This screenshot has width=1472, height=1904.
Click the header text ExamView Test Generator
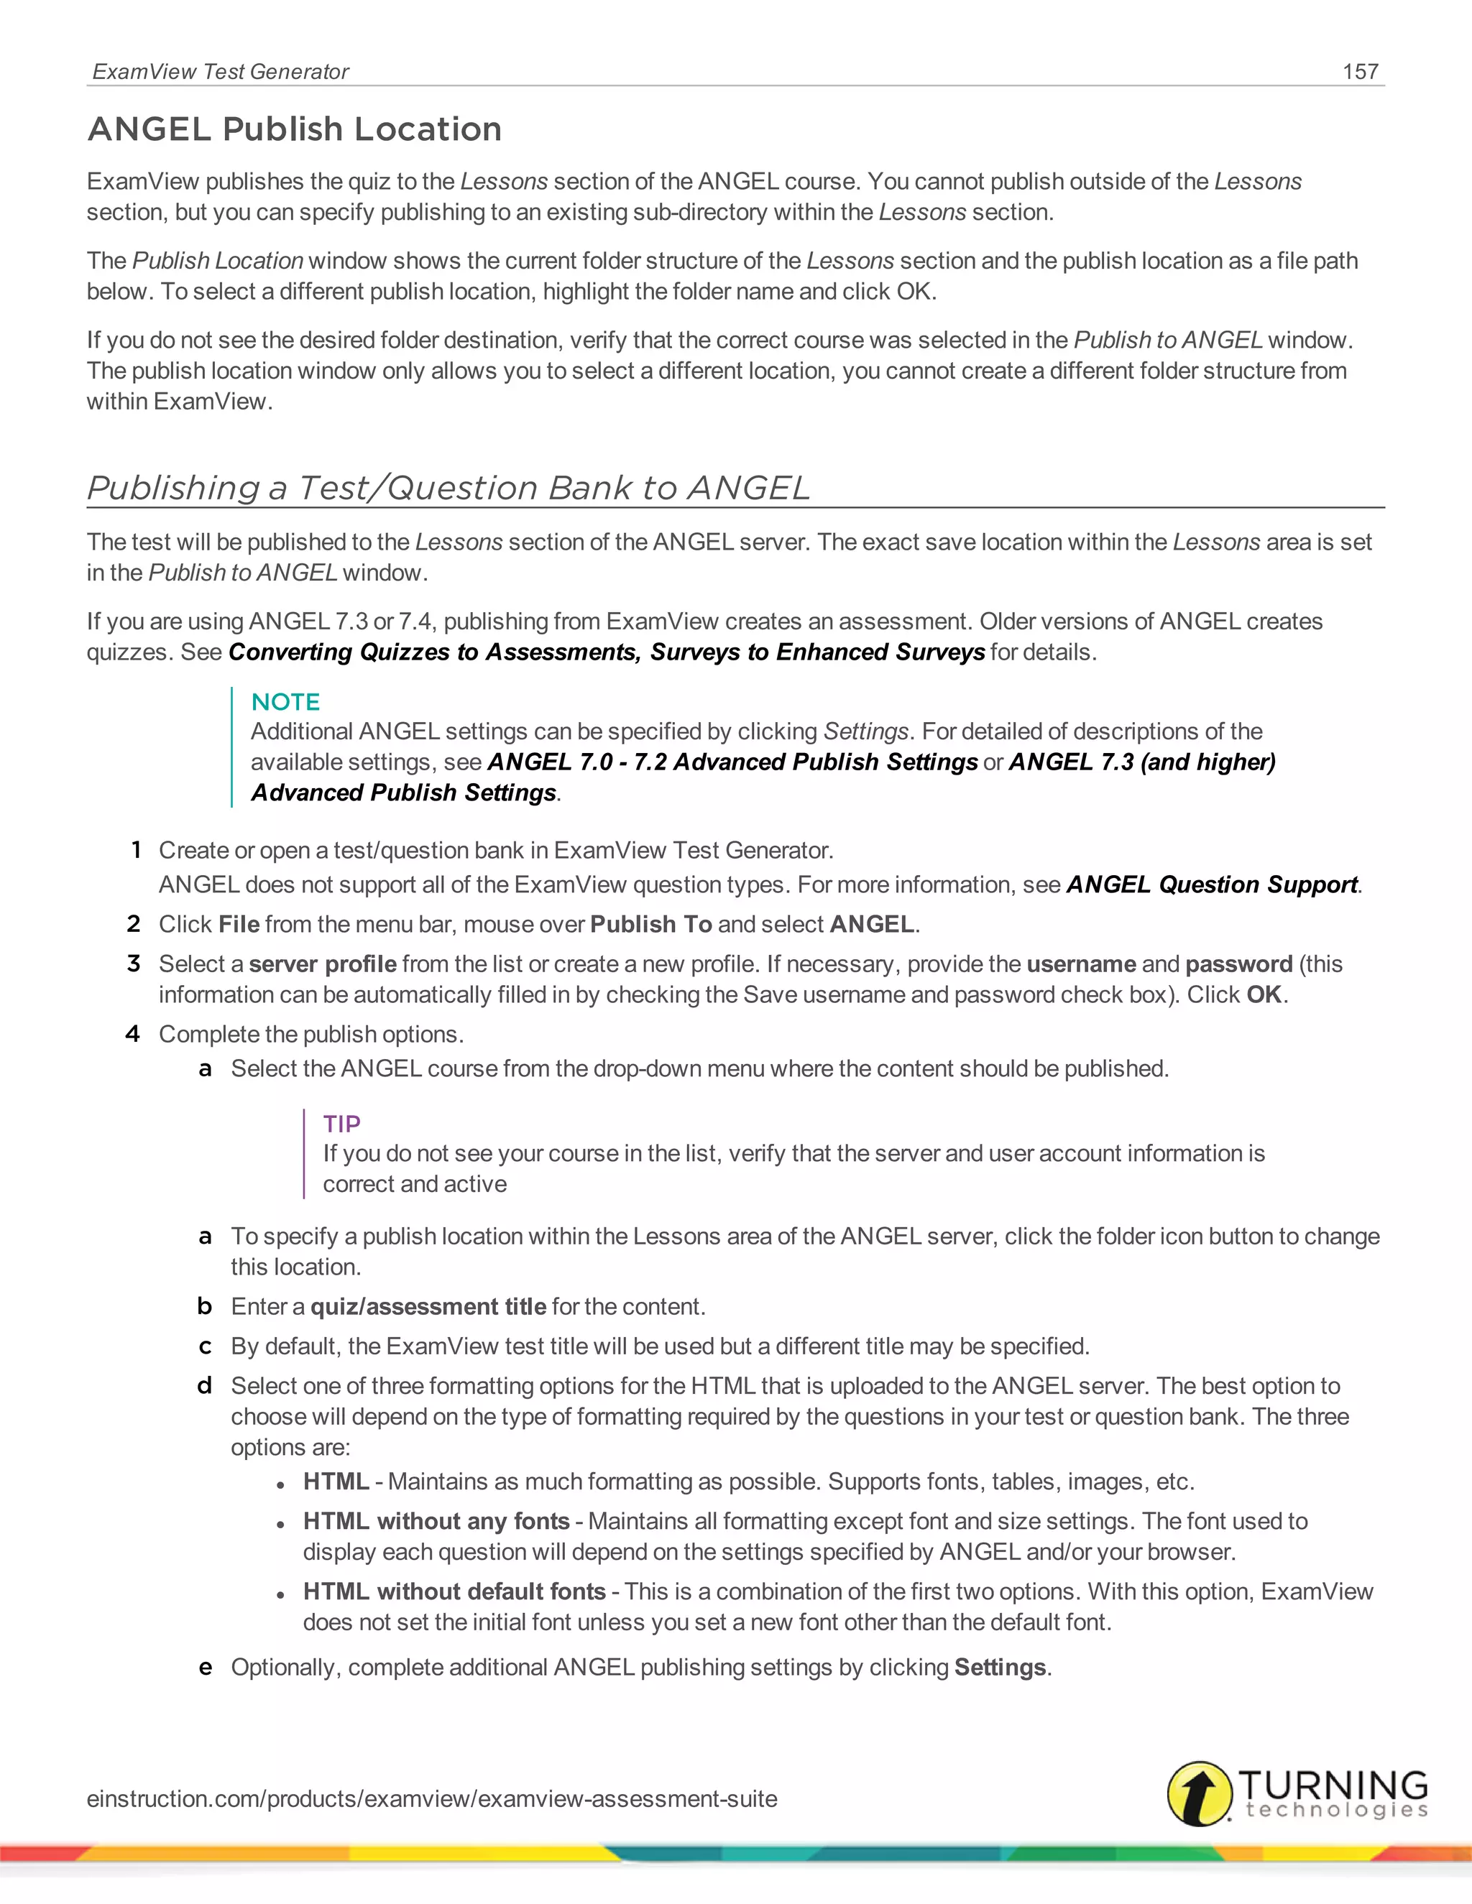pos(221,71)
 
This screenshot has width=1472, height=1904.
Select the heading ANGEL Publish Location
pos(295,129)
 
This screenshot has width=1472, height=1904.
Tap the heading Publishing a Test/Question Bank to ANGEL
pos(448,487)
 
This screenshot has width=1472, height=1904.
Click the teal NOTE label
pos(285,702)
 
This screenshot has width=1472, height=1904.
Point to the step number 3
pos(134,963)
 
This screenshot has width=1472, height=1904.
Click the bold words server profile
pos(323,964)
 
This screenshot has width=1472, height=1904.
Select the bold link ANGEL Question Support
pos(1212,885)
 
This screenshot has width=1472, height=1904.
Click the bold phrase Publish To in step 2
pos(650,924)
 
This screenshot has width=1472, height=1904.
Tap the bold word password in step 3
pos(1238,964)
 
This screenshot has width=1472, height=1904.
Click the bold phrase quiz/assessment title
pos(428,1307)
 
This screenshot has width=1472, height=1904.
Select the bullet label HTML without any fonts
pos(436,1521)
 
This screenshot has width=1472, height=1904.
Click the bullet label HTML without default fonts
pos(454,1592)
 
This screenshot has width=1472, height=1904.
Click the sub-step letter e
pos(205,1668)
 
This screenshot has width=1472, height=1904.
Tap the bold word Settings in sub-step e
pos(1000,1668)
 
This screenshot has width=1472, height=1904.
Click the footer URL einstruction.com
pos(432,1798)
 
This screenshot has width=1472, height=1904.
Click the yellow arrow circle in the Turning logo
pos(1200,1793)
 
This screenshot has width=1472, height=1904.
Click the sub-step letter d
pos(205,1385)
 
